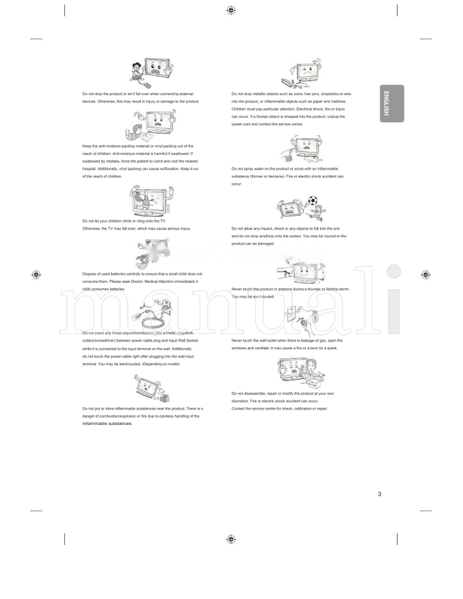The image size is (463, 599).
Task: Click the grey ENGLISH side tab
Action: [392, 103]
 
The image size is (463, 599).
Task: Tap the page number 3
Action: [380, 494]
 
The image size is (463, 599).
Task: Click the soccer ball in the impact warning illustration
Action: [313, 201]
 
